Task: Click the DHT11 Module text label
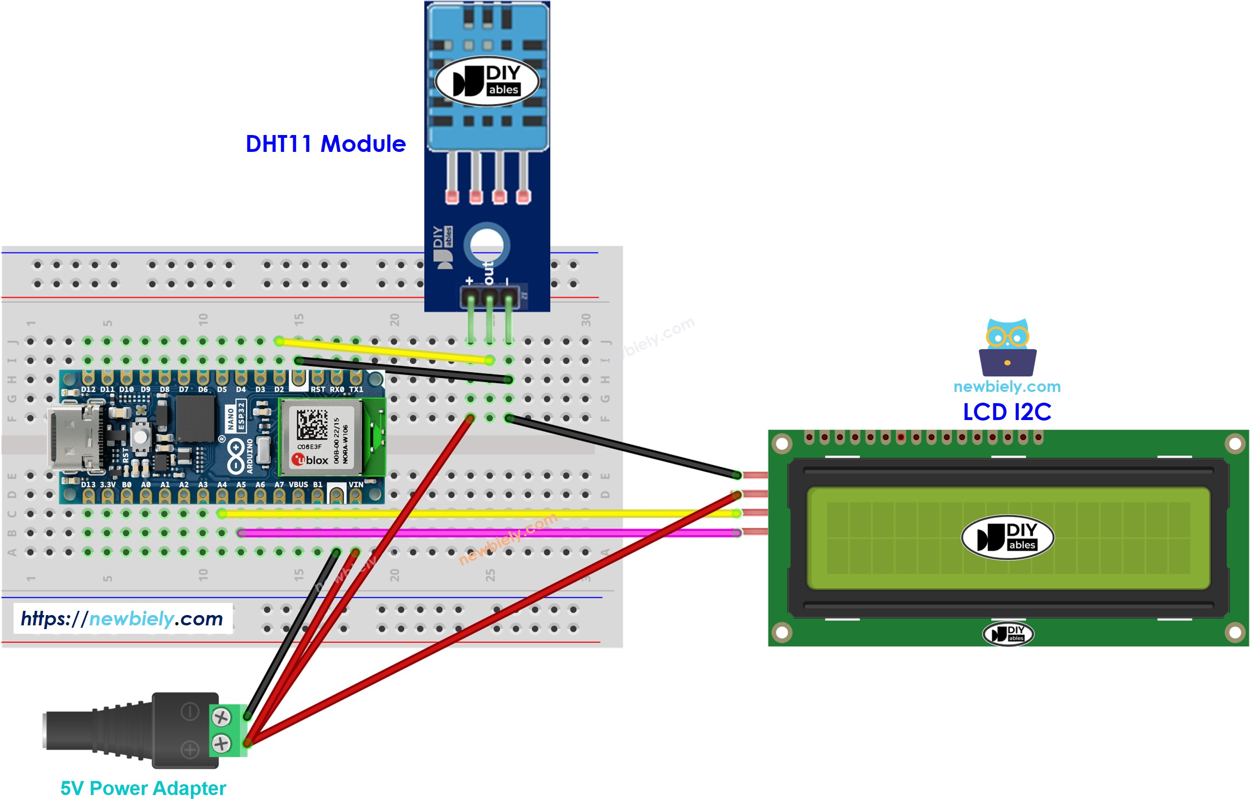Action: tap(325, 144)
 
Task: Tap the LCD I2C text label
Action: tap(1006, 412)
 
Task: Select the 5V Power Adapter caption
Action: tap(143, 788)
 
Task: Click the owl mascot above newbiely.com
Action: tap(1007, 347)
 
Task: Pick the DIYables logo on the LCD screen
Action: tap(1007, 537)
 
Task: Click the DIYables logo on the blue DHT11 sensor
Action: tap(487, 81)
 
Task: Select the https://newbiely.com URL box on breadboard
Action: tap(122, 619)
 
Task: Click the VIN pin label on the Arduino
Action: tap(355, 484)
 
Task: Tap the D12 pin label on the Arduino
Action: tap(88, 390)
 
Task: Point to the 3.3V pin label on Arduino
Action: tap(108, 484)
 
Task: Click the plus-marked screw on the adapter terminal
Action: tap(221, 743)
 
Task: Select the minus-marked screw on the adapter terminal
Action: tap(221, 717)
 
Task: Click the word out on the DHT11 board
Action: tap(489, 273)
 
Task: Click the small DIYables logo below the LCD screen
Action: tap(1007, 634)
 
